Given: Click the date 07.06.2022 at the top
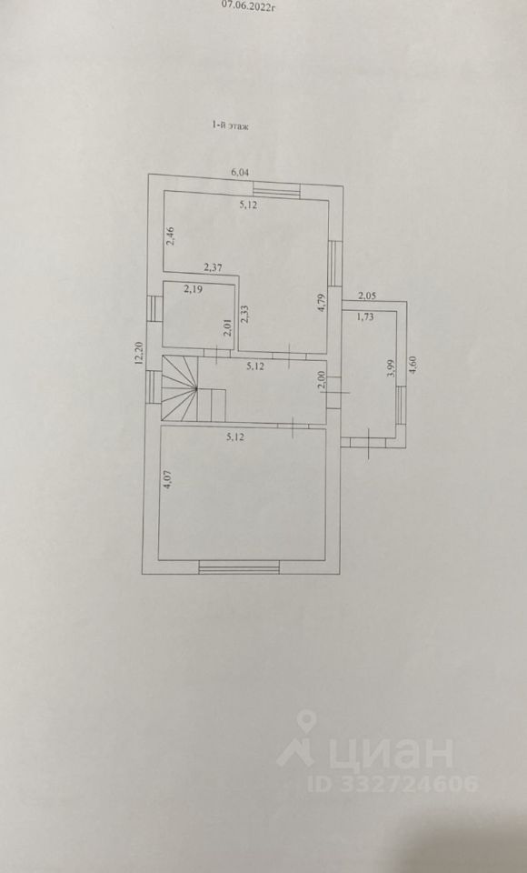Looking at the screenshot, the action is (x=249, y=6).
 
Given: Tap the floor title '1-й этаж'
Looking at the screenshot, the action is (x=229, y=126).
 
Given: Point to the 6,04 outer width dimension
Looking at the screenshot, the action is (x=240, y=172).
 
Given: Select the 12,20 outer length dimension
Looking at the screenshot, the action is (x=140, y=353).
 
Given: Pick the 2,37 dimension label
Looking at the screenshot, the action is (x=214, y=267).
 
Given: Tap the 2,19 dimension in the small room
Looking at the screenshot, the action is (x=194, y=289).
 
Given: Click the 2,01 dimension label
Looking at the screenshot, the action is (x=227, y=326).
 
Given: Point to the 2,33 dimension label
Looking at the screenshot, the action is (x=244, y=313).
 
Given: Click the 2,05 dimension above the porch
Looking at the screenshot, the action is (x=367, y=296).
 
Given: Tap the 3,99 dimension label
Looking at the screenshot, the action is (x=392, y=367).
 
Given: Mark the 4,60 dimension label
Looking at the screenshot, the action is (x=413, y=368).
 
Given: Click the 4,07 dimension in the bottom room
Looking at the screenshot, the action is (x=168, y=480).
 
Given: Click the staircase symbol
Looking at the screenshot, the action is (x=194, y=388).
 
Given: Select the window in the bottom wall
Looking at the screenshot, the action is (x=239, y=567).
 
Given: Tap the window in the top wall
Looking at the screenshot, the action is (x=277, y=190).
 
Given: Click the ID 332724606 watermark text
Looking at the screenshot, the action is (x=393, y=783).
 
